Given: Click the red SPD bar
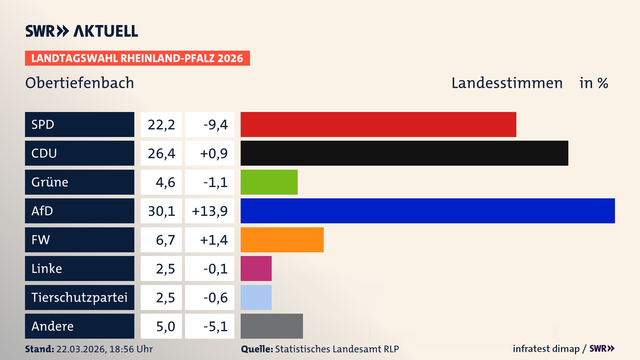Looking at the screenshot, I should (378, 124).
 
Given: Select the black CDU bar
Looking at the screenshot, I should (404, 153).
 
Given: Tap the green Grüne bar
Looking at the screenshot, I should (269, 182).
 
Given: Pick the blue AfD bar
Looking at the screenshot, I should (428, 211).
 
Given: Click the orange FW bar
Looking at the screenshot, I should (282, 240).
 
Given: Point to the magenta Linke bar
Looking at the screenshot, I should (256, 268).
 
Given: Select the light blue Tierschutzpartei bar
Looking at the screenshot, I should (256, 297).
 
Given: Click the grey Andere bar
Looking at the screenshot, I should (272, 326).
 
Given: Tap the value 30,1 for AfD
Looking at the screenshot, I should (161, 211).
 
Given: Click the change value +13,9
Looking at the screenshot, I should (210, 211).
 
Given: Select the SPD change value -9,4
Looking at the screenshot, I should (215, 125).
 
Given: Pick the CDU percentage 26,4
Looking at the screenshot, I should (161, 153).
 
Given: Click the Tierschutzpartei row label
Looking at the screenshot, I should (79, 297).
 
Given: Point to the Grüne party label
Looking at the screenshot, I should (50, 182).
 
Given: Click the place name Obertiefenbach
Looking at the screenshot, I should (80, 83).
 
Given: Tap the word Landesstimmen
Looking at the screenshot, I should (507, 83).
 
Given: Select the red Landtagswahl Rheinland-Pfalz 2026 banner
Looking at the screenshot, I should (137, 58).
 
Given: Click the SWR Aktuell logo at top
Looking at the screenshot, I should (82, 31).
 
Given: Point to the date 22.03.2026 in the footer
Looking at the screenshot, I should (81, 349).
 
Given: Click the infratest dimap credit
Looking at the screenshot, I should (546, 349).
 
